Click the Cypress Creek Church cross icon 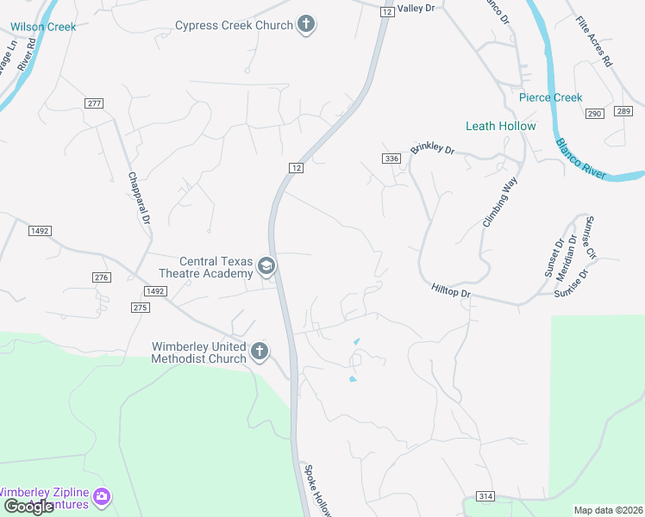point(306,24)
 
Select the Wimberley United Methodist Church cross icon point(259,352)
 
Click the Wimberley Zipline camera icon point(102,495)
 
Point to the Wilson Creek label point(44,27)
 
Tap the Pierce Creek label point(550,97)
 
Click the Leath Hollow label point(500,126)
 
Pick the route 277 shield point(94,103)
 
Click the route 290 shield point(594,113)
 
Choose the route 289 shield point(624,111)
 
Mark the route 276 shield point(102,277)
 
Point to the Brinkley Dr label point(432,148)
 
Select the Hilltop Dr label point(451,292)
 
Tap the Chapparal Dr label point(138,197)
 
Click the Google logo point(29,507)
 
